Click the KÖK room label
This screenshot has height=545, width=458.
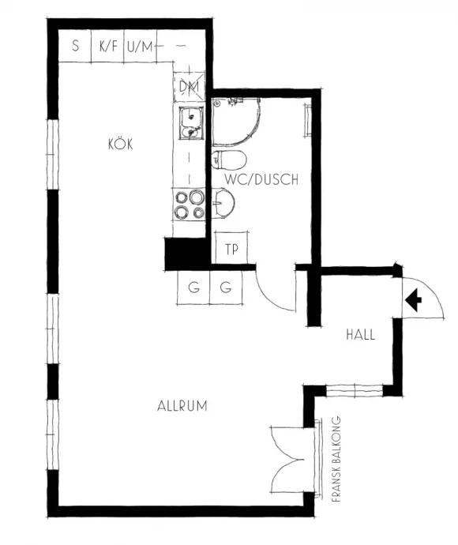point(121,144)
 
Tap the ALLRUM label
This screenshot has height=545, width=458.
point(182,406)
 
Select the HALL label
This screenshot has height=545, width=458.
point(361,335)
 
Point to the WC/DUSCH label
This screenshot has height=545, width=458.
point(261,179)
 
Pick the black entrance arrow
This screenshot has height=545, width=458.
point(413,299)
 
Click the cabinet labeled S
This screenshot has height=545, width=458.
point(74,46)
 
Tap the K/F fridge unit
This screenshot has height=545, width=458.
point(107,46)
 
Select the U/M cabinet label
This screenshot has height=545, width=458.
point(140,47)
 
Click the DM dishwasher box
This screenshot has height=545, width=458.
point(190,87)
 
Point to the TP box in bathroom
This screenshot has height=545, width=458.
point(231,248)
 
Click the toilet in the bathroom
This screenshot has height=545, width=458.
point(229,160)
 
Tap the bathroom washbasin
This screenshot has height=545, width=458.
point(223,203)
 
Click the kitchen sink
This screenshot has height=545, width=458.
point(190,123)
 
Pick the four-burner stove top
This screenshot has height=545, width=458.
point(190,205)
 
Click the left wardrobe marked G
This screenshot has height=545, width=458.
point(193,288)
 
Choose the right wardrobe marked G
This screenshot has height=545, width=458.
point(226,288)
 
